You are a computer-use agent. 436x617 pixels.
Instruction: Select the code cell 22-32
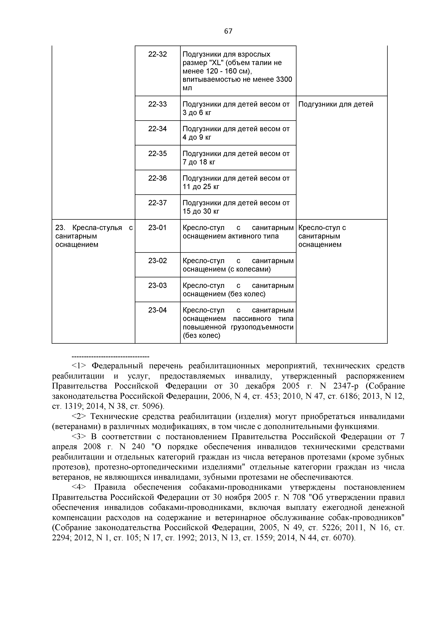[x=158, y=54]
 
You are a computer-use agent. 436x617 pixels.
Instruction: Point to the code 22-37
[x=158, y=203]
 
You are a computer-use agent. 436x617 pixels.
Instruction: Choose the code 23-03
[x=158, y=285]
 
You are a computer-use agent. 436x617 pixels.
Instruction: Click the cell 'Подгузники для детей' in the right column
[x=336, y=104]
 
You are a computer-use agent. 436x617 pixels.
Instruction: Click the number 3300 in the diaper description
[x=284, y=79]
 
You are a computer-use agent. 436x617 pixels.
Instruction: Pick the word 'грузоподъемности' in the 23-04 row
[x=262, y=327]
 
